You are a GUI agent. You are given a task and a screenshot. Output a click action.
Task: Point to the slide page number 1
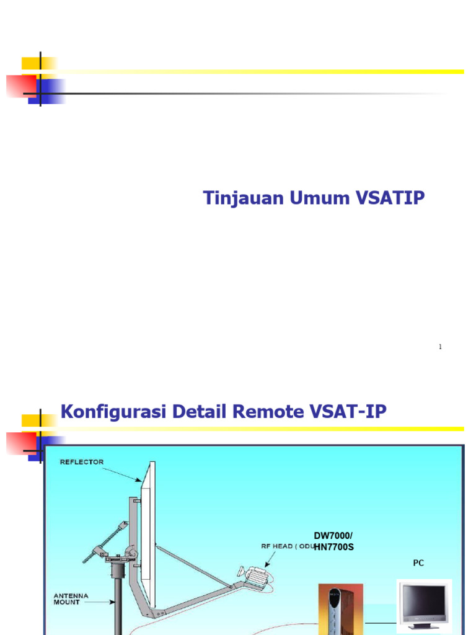[440, 347]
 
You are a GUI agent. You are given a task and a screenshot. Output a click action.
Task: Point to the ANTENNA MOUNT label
[71, 599]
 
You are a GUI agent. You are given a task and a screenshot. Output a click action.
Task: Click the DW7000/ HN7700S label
[333, 541]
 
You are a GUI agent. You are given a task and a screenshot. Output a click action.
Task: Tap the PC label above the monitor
[418, 563]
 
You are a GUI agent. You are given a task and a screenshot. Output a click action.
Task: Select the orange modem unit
[335, 611]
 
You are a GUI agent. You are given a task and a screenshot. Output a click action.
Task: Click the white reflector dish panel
[148, 533]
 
